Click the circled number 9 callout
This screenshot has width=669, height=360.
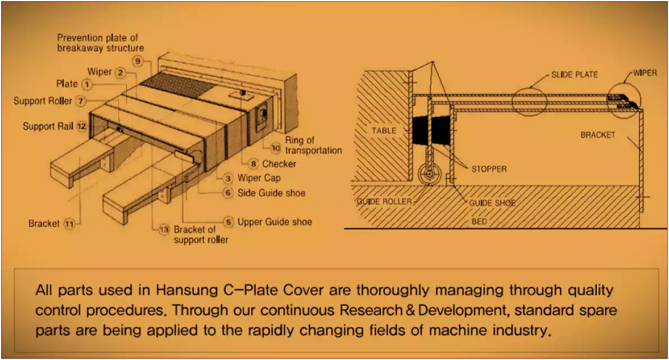pyautogui.click(x=138, y=61)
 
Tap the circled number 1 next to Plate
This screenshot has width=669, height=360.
pyautogui.click(x=87, y=85)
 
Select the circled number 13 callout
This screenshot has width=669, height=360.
pyautogui.click(x=164, y=230)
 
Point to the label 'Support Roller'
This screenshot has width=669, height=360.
pyautogui.click(x=43, y=101)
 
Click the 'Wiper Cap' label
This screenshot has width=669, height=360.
pyautogui.click(x=259, y=178)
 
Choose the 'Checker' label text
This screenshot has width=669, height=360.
pyautogui.click(x=279, y=164)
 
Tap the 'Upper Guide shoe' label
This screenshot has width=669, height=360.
pyautogui.click(x=274, y=222)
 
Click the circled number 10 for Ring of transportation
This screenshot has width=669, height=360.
pyautogui.click(x=276, y=148)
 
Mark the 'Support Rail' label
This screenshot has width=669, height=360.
pyautogui.click(x=48, y=126)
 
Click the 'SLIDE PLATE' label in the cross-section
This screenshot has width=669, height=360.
pyautogui.click(x=575, y=75)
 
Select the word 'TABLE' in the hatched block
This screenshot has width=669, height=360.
pyautogui.click(x=384, y=131)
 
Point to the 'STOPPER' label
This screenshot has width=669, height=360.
pyautogui.click(x=489, y=169)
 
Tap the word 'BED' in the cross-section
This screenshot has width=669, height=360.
pyautogui.click(x=479, y=221)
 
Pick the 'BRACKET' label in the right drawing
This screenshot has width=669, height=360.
pyautogui.click(x=597, y=135)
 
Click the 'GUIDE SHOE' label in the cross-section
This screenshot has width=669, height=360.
pyautogui.click(x=492, y=203)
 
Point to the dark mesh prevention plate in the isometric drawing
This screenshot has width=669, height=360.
pyautogui.click(x=177, y=86)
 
